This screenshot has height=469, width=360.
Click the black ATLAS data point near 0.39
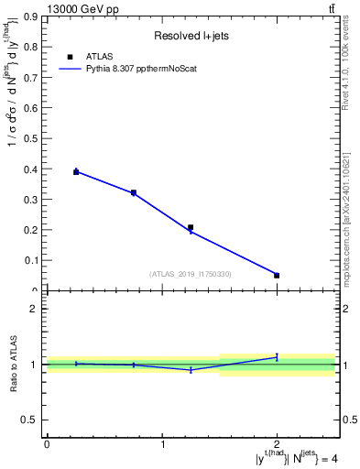[x=76, y=171]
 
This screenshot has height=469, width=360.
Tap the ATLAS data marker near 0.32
[x=134, y=193]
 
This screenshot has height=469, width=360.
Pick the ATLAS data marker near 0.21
[x=191, y=227]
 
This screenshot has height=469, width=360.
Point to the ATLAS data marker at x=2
[x=277, y=275]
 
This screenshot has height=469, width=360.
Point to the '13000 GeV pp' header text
[x=82, y=8]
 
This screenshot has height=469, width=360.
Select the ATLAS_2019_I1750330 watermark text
[x=190, y=274]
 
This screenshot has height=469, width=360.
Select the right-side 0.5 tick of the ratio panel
[x=348, y=420]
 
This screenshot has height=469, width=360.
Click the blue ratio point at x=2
[x=277, y=356]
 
